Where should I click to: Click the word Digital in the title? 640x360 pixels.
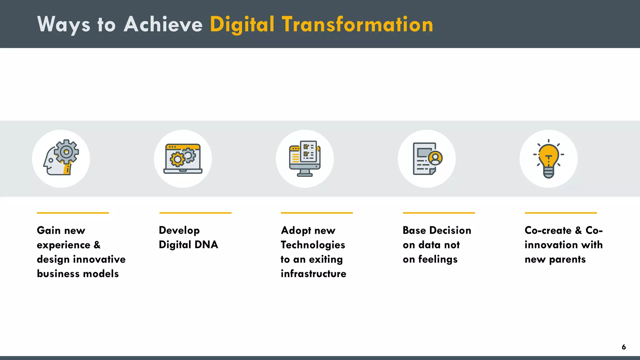click(x=242, y=25)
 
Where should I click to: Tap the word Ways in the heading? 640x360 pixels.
click(x=64, y=25)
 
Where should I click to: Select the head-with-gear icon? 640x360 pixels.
click(x=61, y=158)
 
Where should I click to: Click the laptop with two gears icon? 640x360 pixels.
click(x=183, y=158)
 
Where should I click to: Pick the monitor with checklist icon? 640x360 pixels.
click(x=305, y=158)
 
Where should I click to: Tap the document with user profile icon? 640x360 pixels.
click(x=427, y=158)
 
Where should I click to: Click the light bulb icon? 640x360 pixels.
click(x=548, y=159)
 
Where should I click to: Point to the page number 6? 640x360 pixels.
click(x=623, y=347)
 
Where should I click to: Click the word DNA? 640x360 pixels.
click(x=206, y=245)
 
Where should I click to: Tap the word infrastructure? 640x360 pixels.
click(x=313, y=274)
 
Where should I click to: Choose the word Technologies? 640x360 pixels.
click(x=313, y=245)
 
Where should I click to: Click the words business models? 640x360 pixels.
click(x=78, y=274)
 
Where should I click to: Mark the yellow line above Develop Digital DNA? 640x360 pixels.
click(x=195, y=213)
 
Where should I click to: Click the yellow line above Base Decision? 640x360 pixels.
click(x=439, y=213)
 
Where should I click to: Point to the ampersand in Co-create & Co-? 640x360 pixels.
click(x=578, y=230)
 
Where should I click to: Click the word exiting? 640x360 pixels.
click(x=326, y=259)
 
